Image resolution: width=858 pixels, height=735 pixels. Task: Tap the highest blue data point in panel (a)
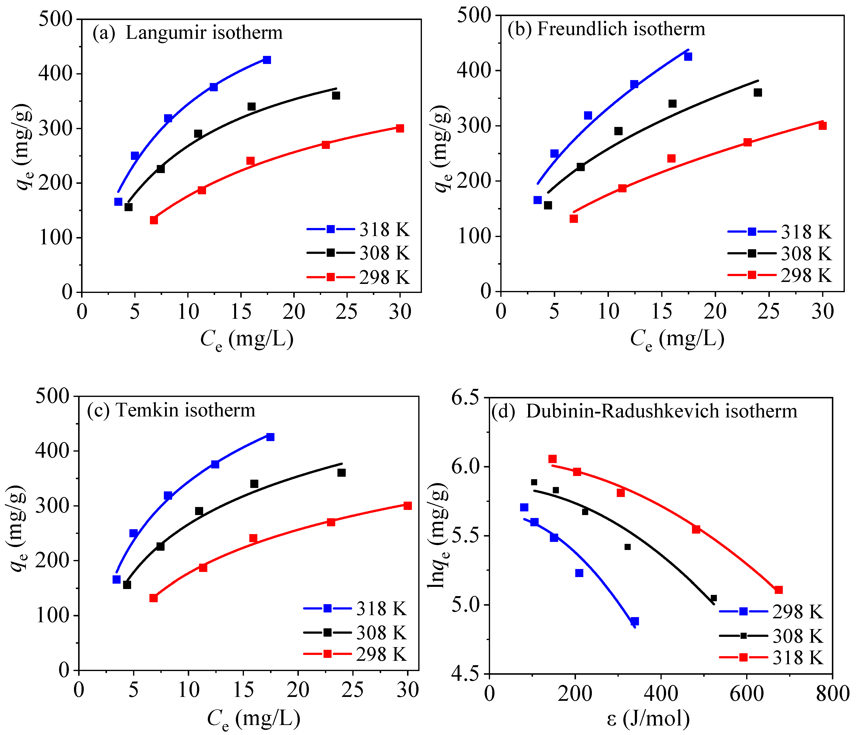[x=267, y=60]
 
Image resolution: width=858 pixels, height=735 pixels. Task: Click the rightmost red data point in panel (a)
[x=400, y=128]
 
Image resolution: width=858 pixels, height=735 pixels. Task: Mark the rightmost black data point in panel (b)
[x=758, y=92]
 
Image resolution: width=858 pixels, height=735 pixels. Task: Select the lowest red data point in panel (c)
[x=154, y=598]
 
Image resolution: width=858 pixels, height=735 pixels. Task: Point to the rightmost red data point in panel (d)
[x=778, y=590]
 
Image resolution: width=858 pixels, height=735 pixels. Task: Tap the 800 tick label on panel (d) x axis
[x=832, y=694]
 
